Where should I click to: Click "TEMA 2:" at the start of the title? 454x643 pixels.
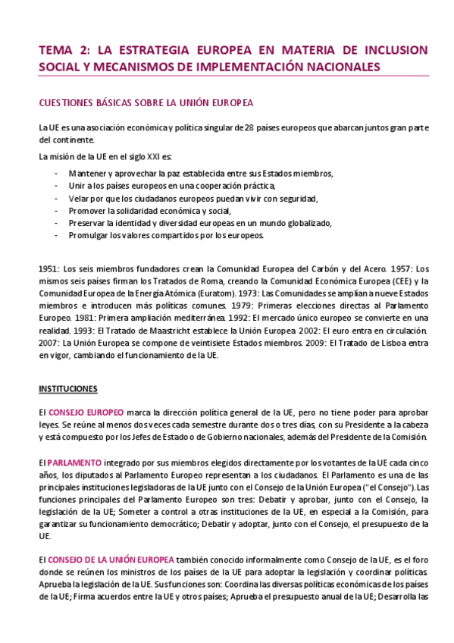(x=64, y=50)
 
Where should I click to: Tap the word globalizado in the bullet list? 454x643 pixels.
(x=308, y=223)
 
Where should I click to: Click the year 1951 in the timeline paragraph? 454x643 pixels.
(x=49, y=268)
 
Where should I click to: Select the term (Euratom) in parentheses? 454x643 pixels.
(x=199, y=293)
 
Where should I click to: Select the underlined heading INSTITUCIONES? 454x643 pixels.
(x=68, y=389)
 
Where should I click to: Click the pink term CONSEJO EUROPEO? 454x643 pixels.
(x=86, y=411)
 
